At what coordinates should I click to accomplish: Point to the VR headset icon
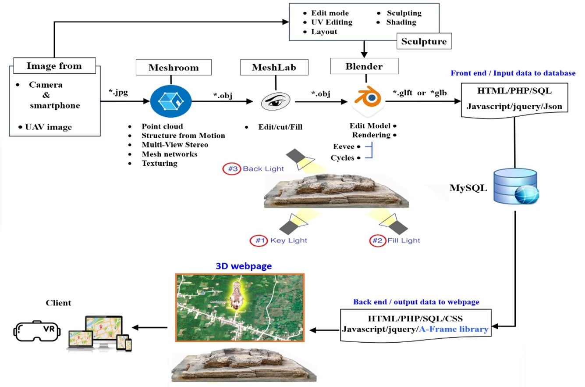(38, 330)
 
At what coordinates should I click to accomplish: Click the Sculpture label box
(424, 42)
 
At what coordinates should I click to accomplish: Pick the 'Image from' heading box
(54, 67)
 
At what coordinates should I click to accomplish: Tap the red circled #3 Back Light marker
(231, 169)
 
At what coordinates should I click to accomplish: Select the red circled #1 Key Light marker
(259, 240)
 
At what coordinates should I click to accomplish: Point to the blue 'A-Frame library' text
(453, 330)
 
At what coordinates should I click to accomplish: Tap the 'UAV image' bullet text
(48, 127)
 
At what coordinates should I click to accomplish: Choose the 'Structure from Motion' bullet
(183, 136)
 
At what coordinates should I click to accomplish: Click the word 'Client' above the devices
(58, 303)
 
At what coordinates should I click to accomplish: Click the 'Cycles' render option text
(343, 158)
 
